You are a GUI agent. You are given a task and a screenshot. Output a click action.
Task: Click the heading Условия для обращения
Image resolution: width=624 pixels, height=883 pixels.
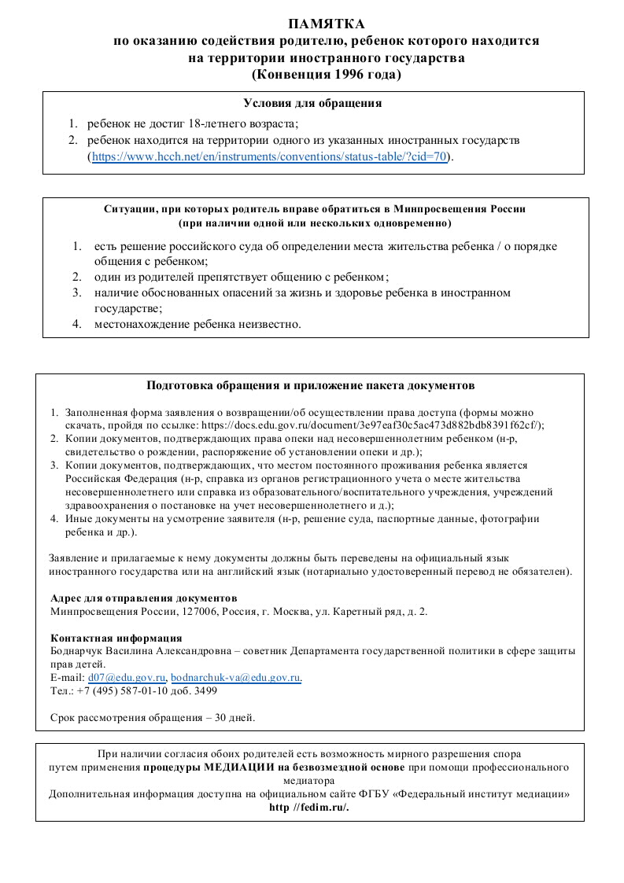(x=312, y=103)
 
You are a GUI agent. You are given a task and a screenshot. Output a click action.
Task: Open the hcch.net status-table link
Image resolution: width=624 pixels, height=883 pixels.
(x=270, y=156)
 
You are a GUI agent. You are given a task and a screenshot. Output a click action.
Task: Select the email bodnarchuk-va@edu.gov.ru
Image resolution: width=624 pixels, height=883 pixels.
(x=236, y=677)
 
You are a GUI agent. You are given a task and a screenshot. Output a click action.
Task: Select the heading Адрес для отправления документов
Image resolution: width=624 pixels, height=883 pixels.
(x=143, y=598)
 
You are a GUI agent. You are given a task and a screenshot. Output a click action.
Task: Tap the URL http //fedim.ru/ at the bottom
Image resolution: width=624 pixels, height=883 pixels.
(x=308, y=808)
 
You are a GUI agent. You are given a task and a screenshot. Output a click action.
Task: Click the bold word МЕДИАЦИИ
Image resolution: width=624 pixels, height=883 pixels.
(x=238, y=767)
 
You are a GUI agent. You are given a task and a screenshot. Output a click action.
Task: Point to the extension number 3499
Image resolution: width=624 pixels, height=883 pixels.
(x=206, y=691)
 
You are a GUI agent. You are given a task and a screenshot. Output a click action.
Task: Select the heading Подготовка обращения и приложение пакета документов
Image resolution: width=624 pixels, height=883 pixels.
(x=311, y=385)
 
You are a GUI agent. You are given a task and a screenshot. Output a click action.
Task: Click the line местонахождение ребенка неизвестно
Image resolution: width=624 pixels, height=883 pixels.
(x=198, y=323)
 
